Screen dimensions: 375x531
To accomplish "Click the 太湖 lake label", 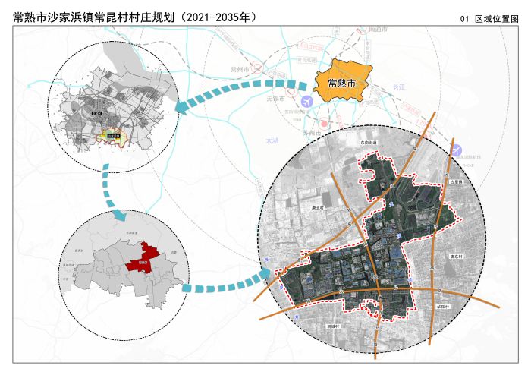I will point(272,140).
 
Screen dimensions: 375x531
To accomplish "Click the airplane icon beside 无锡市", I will point(306,101).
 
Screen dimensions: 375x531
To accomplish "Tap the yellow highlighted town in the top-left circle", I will point(115,136).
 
